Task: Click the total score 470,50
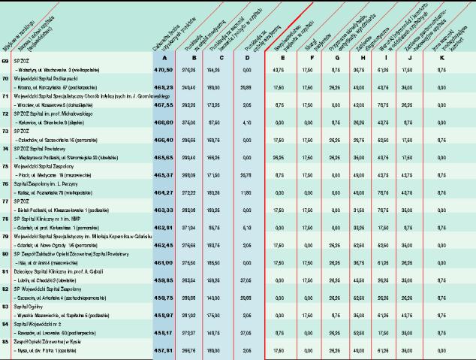pos(161,69)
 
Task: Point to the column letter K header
pos(443,58)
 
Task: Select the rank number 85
pos(6,340)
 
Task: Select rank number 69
pos(6,60)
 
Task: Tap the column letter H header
pos(360,58)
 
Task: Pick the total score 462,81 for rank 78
pos(161,227)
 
